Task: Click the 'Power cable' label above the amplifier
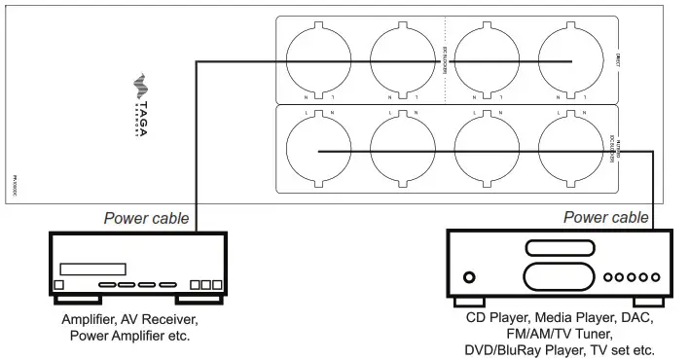[147, 220]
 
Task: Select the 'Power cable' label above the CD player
[605, 218]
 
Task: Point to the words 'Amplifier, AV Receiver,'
[128, 319]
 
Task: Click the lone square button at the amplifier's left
[58, 285]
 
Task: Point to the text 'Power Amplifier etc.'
[128, 336]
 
